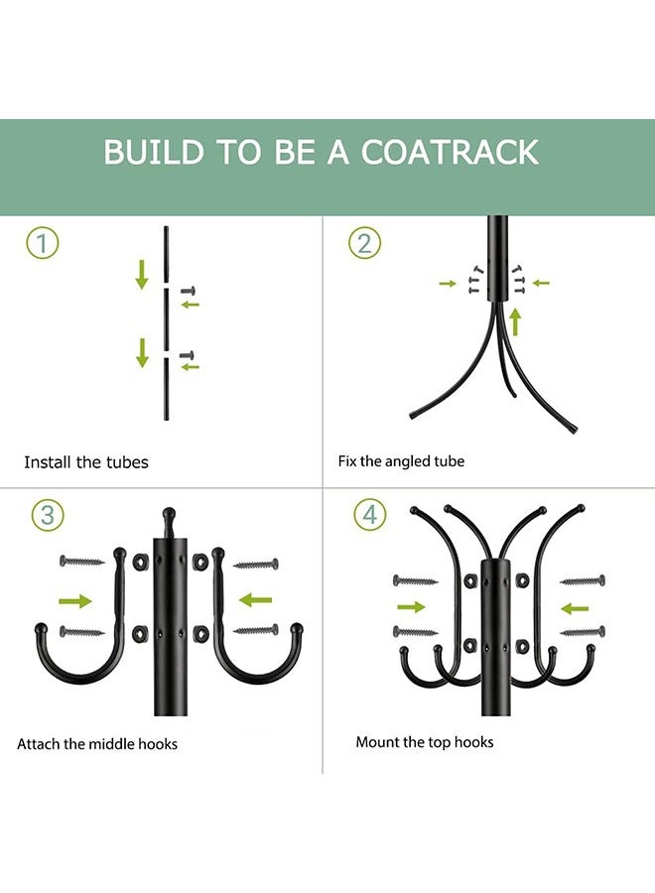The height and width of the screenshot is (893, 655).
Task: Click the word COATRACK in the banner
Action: [450, 153]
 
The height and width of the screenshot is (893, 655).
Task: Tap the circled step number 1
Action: [43, 243]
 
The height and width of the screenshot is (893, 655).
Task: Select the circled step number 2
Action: [364, 243]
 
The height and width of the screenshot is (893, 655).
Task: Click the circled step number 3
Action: [48, 515]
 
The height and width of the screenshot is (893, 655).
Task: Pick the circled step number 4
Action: [370, 515]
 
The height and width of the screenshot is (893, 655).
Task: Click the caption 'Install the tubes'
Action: [86, 462]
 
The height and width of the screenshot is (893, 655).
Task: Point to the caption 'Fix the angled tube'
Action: [401, 461]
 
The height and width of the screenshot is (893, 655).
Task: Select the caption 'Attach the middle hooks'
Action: [97, 744]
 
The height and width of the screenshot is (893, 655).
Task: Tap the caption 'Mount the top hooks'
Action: [425, 742]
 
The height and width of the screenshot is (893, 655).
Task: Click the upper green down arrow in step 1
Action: [142, 274]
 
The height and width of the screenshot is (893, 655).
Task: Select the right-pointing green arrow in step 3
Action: [75, 600]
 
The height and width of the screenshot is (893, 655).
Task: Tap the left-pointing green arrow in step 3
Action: [256, 600]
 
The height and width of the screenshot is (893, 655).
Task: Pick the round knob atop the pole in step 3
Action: [169, 516]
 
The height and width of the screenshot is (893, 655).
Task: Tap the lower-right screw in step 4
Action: [583, 631]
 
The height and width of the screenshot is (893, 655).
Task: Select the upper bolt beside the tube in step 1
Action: [189, 291]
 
